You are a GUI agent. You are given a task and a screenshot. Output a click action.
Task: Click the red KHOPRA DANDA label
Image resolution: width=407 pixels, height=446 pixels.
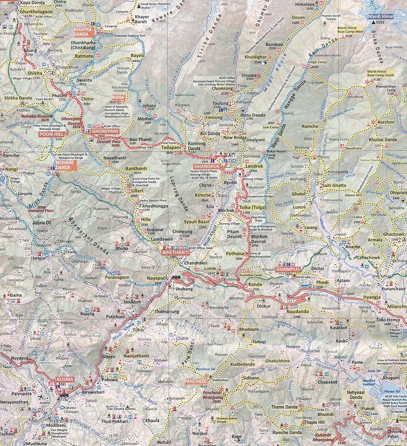[x=82, y=32]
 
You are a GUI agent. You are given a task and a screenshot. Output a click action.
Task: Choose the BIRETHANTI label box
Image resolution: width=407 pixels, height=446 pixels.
[x=176, y=252]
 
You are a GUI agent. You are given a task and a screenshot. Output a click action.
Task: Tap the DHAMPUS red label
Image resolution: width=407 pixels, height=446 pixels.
[x=288, y=269]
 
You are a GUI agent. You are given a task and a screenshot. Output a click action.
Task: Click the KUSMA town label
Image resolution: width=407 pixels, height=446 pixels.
[x=65, y=379]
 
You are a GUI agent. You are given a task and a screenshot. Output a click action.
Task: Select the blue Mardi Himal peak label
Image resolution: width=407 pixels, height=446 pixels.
[x=381, y=17]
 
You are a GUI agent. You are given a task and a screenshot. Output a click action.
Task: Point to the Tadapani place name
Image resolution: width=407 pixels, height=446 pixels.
[x=170, y=147]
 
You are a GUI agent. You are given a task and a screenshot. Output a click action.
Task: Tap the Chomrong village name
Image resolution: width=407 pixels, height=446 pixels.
[x=222, y=89]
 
